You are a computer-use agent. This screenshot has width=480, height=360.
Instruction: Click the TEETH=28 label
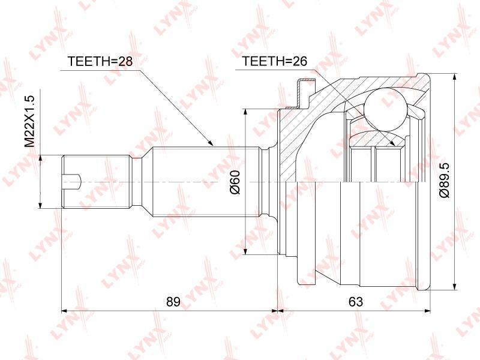(x=100, y=61)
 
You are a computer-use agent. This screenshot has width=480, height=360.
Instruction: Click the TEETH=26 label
(x=274, y=61)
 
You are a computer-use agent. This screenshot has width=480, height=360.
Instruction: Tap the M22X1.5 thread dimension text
(x=30, y=121)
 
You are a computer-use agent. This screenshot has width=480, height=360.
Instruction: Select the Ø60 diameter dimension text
(x=235, y=182)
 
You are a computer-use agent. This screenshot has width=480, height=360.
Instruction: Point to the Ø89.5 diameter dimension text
(x=445, y=180)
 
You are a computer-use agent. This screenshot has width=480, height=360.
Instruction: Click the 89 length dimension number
(x=173, y=302)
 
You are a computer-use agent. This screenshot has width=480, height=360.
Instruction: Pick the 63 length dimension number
(x=356, y=302)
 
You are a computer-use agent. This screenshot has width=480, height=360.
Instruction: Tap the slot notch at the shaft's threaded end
(x=71, y=182)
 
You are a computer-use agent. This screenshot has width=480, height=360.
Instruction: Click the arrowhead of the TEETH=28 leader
(x=209, y=143)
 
